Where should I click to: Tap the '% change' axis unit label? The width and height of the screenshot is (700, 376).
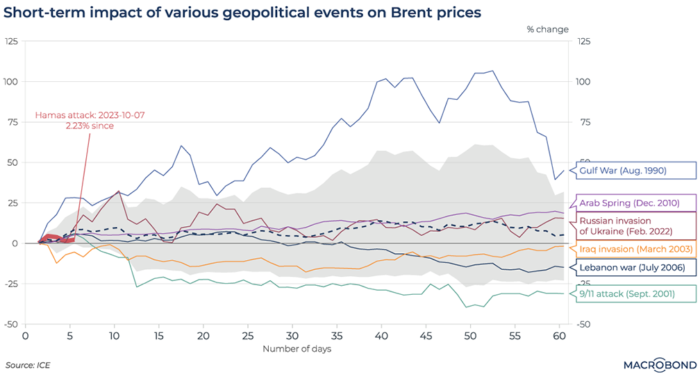[547, 29]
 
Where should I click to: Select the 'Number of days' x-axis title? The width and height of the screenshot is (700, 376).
[297, 348]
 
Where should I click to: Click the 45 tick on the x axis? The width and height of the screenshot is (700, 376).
[426, 335]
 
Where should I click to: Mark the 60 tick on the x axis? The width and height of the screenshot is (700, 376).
[559, 335]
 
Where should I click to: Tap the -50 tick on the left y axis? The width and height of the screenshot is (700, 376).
[10, 324]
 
